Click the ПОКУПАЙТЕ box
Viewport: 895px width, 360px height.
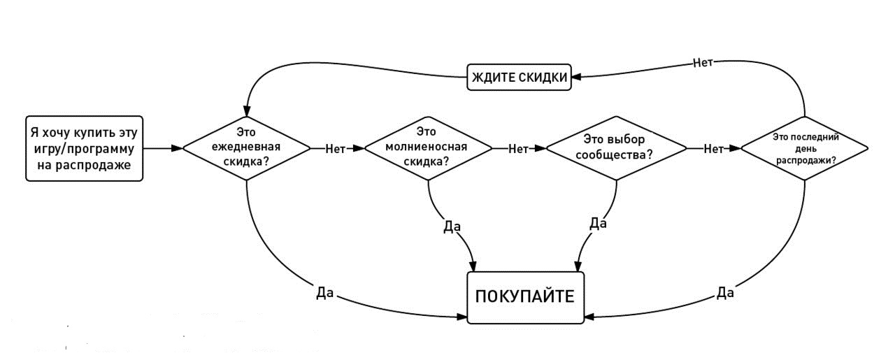[525, 296]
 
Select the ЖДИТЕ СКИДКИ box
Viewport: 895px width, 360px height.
[518, 78]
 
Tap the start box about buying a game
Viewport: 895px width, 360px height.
[85, 148]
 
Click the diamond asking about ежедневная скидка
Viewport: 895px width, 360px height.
[246, 148]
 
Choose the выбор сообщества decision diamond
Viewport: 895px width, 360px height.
[616, 148]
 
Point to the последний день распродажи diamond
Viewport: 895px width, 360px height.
[805, 148]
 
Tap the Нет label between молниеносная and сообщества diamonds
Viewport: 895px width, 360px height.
[518, 148]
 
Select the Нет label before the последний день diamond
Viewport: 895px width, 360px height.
[713, 148]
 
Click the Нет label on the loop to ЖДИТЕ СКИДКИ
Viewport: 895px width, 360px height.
[703, 62]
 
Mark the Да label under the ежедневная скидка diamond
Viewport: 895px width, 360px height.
[324, 293]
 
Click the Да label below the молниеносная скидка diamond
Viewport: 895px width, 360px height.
[452, 227]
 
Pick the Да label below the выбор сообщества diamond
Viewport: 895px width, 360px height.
[598, 223]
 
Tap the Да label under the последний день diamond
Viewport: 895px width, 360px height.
[725, 292]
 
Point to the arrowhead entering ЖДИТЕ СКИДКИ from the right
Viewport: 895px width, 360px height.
[575, 78]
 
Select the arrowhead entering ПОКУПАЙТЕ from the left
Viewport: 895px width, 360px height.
[462, 317]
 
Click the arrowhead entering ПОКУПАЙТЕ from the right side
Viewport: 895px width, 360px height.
[589, 317]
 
